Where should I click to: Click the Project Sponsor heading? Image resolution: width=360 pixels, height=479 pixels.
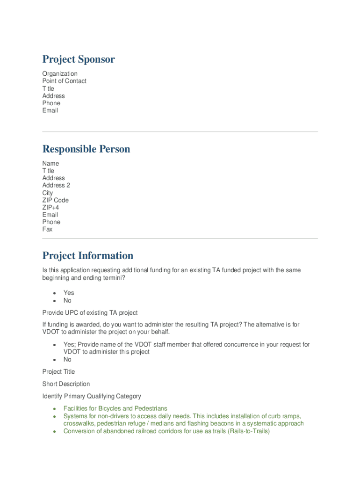click(78, 59)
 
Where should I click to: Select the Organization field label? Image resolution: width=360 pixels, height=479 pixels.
click(60, 73)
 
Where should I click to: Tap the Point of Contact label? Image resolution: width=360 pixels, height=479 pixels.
click(64, 81)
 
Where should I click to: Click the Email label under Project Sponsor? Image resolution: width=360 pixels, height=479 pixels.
click(50, 110)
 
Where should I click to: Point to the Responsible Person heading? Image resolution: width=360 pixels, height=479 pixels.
click(86, 149)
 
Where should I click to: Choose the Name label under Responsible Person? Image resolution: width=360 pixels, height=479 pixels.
click(50, 163)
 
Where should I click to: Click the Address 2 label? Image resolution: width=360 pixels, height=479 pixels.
click(56, 185)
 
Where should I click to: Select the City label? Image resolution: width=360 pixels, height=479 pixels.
click(48, 193)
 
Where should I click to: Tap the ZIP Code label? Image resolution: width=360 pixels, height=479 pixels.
click(55, 200)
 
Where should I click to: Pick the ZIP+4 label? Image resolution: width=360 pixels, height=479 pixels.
click(50, 207)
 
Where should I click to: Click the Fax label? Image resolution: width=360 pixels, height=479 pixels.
click(47, 229)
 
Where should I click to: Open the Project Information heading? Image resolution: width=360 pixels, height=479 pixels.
click(87, 255)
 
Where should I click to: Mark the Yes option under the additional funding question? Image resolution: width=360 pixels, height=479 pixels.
click(69, 293)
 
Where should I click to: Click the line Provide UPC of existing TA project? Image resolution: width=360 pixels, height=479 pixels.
click(90, 312)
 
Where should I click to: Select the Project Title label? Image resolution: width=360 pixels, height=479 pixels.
click(58, 371)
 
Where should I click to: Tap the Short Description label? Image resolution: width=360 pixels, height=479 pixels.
click(66, 384)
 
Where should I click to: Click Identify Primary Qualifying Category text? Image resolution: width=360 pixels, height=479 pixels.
click(92, 396)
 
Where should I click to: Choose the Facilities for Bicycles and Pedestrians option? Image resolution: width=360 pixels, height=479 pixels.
click(115, 408)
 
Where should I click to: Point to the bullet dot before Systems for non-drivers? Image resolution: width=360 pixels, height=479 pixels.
click(55, 416)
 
